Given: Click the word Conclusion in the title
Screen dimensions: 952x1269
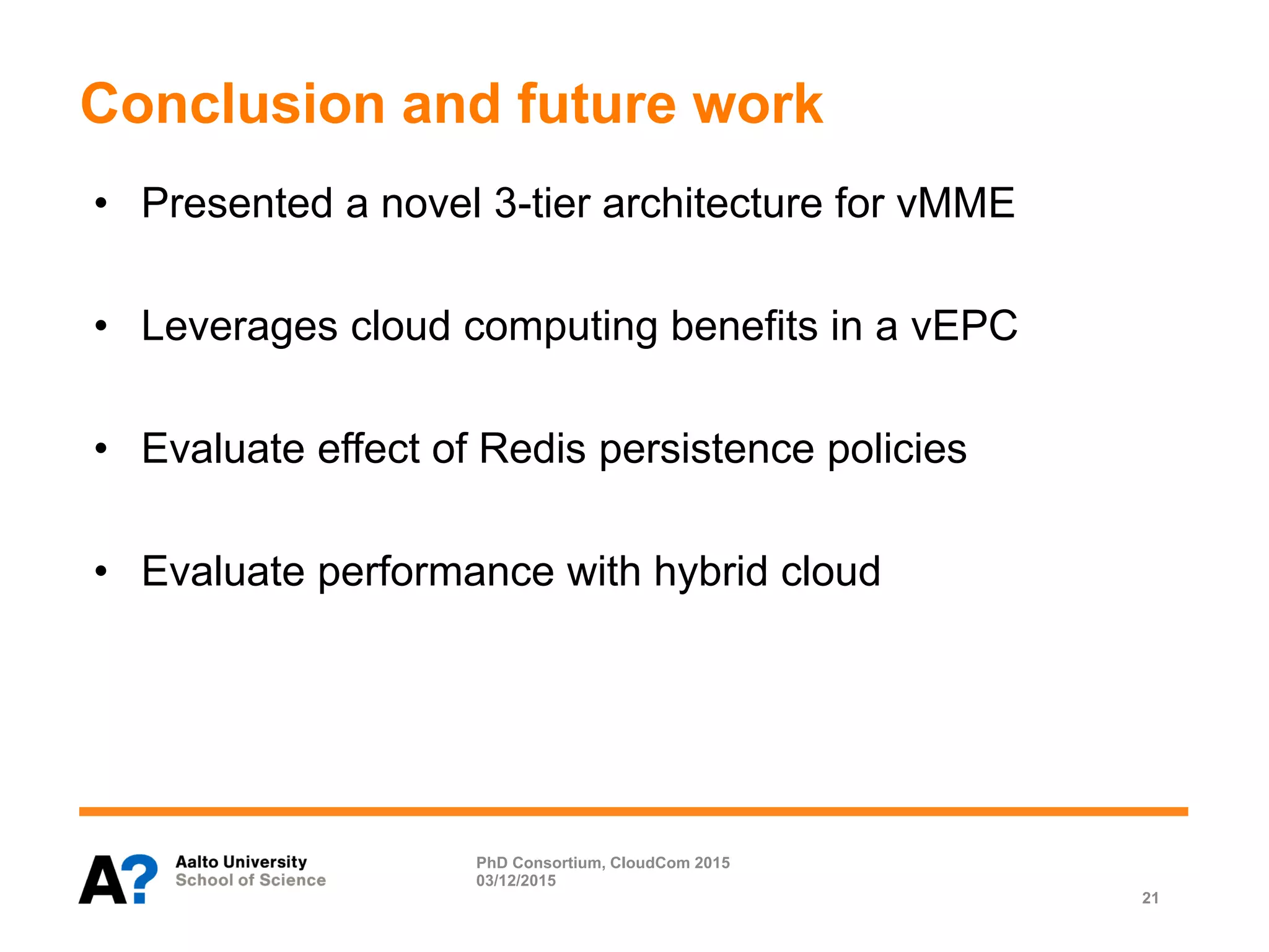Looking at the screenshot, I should [x=233, y=104].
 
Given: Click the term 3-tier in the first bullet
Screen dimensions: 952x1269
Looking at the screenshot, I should [x=542, y=203].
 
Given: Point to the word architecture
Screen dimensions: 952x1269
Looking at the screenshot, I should [x=712, y=203].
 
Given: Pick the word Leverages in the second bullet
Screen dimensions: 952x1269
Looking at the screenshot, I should [x=239, y=326].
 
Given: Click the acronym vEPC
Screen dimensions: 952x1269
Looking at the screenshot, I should [x=964, y=326].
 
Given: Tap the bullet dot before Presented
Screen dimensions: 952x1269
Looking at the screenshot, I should [x=102, y=203].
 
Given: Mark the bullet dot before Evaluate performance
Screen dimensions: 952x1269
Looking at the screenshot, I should [x=102, y=571].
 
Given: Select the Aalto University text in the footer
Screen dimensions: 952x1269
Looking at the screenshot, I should [x=241, y=862].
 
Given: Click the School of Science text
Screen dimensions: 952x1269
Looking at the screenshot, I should [x=250, y=880].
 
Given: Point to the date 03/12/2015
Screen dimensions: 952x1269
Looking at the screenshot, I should [x=516, y=881].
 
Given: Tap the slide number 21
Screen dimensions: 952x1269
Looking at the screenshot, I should [x=1150, y=898].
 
